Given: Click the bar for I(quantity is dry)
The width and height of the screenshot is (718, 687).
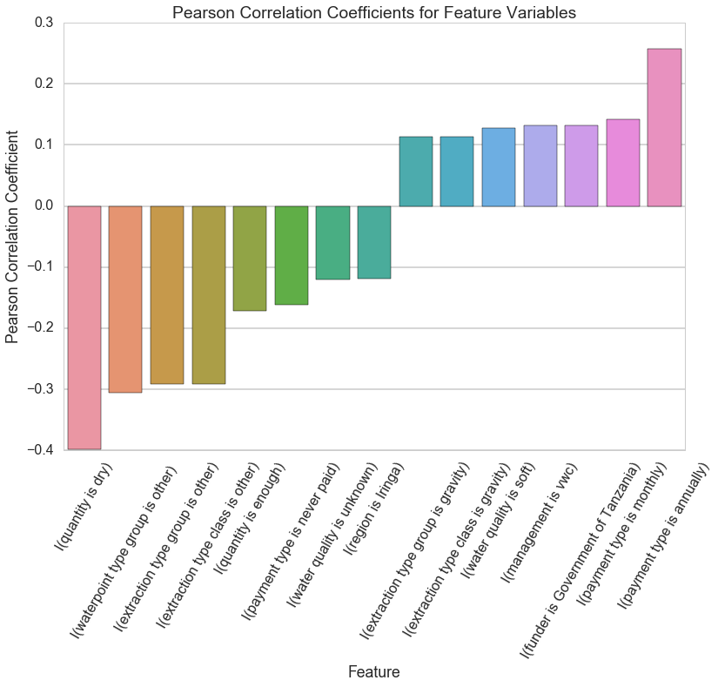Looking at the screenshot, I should tap(84, 327).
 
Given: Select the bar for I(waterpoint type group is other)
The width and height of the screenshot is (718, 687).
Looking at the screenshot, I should tap(125, 299).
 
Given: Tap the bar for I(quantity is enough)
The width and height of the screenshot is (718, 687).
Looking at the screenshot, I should tap(250, 259).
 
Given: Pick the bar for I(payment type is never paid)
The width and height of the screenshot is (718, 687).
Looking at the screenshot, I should tap(292, 255).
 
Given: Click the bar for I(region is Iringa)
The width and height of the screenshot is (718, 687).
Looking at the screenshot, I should tap(374, 242).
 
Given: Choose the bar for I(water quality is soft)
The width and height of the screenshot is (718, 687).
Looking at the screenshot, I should tap(499, 167).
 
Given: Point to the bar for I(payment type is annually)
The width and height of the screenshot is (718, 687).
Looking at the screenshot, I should tap(664, 127).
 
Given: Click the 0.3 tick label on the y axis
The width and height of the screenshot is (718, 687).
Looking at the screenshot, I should tap(41, 24).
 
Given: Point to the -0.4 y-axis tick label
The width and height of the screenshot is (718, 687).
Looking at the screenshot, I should tap(37, 450).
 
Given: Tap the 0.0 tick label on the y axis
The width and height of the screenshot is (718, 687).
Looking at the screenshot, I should tap(41, 206).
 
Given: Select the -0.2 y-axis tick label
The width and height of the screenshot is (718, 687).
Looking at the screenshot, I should tap(37, 328).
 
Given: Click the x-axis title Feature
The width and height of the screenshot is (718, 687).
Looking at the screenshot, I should tap(374, 671).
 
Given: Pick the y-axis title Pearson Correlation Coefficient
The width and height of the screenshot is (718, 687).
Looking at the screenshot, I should tap(12, 236).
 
